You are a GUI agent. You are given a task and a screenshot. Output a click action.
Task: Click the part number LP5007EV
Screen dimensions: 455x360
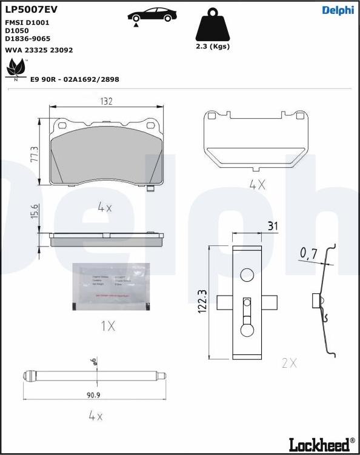pyautogui.click(x=31, y=9)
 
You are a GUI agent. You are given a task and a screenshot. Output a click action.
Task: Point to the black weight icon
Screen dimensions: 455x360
pyautogui.click(x=212, y=25)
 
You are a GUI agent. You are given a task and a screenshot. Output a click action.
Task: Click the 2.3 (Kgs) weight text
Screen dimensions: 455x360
pyautogui.click(x=212, y=47)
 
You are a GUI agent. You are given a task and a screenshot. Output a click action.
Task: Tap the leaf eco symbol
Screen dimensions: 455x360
pyautogui.click(x=15, y=70)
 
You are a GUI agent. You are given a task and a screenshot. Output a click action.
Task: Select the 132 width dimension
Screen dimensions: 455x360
pyautogui.click(x=106, y=102)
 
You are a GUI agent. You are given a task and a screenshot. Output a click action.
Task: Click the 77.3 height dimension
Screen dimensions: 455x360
pyautogui.click(x=35, y=154)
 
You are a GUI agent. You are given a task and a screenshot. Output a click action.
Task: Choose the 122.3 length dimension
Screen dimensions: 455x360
pyautogui.click(x=203, y=301)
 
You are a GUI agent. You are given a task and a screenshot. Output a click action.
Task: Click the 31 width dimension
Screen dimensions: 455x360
pyautogui.click(x=273, y=226)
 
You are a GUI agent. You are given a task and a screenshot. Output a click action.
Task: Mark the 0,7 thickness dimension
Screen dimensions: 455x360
pyautogui.click(x=308, y=254)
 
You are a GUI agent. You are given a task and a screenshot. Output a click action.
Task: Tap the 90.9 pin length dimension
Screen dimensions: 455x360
pyautogui.click(x=93, y=395)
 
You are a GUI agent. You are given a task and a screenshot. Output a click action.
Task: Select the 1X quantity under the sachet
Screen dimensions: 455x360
pyautogui.click(x=107, y=326)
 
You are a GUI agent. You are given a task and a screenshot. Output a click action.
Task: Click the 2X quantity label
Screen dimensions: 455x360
pyautogui.click(x=289, y=363)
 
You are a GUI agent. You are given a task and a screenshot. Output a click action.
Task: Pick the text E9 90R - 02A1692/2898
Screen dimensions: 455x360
pyautogui.click(x=75, y=79)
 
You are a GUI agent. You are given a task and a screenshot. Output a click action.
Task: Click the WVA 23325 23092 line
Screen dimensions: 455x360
pyautogui.click(x=39, y=50)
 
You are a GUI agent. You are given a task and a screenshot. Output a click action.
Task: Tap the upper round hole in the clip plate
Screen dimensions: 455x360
pyautogui.click(x=247, y=275)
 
